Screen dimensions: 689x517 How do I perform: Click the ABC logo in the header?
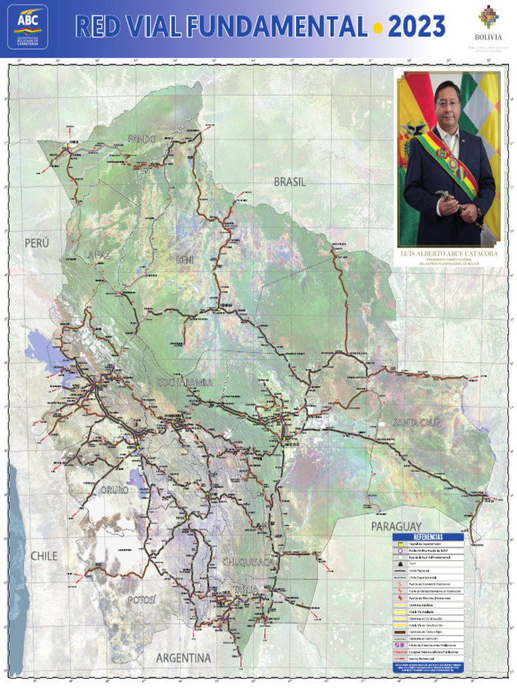coord(28,26)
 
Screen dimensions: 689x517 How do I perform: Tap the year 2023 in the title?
coord(417,27)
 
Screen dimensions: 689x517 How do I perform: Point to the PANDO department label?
coord(141,139)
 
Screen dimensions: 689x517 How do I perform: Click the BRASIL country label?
coord(289,182)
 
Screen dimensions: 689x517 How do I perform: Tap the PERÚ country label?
coord(38,243)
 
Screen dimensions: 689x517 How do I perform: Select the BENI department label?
coord(184,260)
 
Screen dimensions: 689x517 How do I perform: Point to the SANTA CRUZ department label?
coord(417,423)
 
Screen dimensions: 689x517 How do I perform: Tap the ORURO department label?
coord(114,490)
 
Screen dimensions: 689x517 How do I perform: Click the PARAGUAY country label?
coord(396,525)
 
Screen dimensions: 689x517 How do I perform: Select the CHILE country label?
coord(44,556)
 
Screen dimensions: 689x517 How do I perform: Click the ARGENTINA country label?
coord(183,657)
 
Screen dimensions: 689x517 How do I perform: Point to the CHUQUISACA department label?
coord(248,561)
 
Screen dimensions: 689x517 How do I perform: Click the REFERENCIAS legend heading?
coord(428,537)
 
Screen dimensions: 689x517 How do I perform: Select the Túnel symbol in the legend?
coord(400,563)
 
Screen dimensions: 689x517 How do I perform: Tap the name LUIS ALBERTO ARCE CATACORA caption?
coord(448,254)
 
